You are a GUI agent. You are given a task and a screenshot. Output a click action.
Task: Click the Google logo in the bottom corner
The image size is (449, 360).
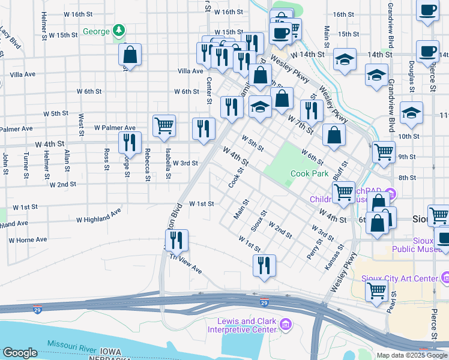(20, 353)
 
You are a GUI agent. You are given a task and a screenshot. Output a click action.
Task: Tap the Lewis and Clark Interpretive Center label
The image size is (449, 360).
(243, 325)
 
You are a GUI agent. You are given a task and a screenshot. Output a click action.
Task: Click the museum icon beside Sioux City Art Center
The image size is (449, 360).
(445, 278)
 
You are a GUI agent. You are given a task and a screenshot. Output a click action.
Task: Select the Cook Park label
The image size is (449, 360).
(309, 173)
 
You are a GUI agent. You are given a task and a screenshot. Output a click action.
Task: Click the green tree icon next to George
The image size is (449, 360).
(119, 31)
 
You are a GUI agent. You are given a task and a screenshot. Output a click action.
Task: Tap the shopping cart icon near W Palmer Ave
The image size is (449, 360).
(164, 125)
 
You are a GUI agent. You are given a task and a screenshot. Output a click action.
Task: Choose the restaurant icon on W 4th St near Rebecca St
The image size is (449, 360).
(130, 142)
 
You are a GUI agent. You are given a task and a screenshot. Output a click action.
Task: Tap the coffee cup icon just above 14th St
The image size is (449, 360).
(427, 51)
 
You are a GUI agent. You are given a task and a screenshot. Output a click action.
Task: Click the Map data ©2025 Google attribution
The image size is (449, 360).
(412, 355)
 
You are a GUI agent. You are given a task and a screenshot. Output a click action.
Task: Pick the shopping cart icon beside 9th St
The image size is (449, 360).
(384, 151)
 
